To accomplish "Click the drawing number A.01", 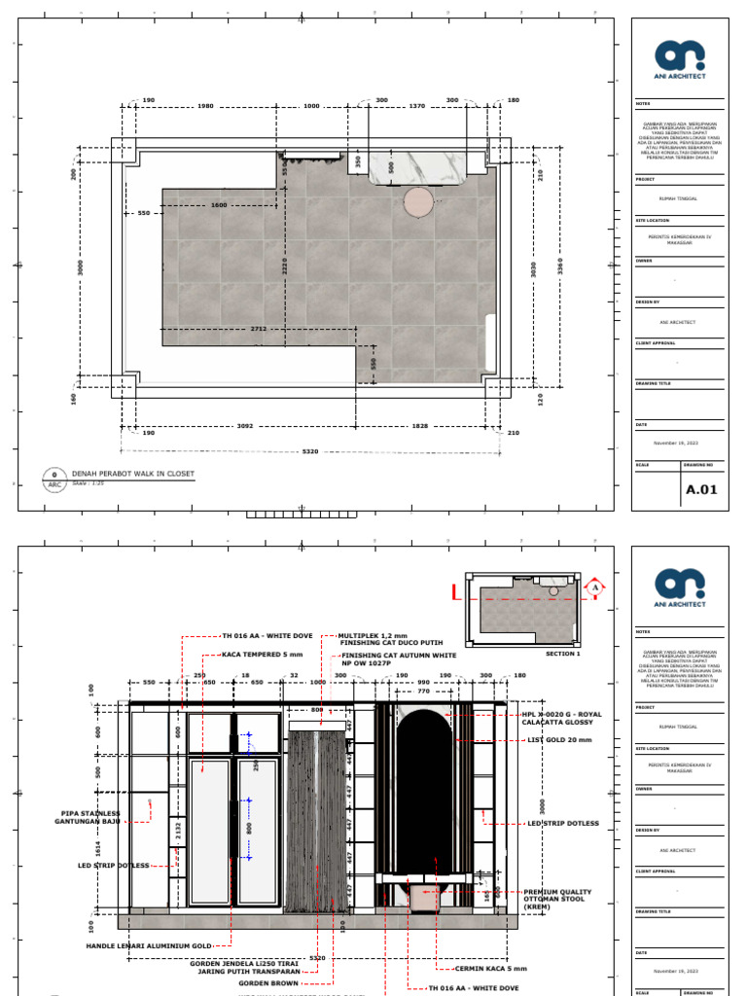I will pos(701,489).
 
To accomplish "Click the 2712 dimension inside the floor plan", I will pos(258,329).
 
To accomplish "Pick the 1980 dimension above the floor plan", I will pos(205,106).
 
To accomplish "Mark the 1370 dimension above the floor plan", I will pos(416,106).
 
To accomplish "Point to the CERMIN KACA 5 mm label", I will pos(494,969).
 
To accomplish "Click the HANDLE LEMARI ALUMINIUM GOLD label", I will pos(149,945).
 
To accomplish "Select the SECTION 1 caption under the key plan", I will pos(562,655).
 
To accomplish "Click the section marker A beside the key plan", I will pos(595,587).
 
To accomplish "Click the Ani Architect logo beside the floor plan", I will pos(680,57).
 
